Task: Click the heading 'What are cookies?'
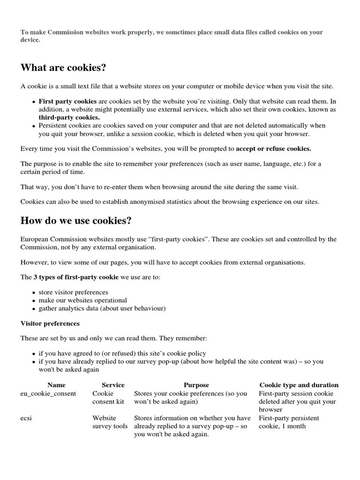[x=63, y=68]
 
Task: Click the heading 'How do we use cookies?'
[x=75, y=220]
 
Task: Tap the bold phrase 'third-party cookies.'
[x=69, y=117]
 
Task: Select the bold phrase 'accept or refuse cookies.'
[x=273, y=149]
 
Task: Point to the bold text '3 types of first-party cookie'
[x=76, y=277]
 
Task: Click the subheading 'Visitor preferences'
[x=50, y=323]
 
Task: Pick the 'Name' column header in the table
[x=57, y=385]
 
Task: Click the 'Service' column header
[x=113, y=385]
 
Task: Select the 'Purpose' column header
[x=196, y=385]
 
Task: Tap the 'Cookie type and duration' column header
[x=299, y=385]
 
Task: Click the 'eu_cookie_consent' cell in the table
[x=48, y=394]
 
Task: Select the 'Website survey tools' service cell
[x=110, y=422]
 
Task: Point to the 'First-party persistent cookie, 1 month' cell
[x=289, y=422]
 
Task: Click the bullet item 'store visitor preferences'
[x=73, y=292]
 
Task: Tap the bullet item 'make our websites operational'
[x=82, y=300]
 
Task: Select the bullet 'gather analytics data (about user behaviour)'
[x=102, y=308]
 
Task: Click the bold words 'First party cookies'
[x=67, y=101]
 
